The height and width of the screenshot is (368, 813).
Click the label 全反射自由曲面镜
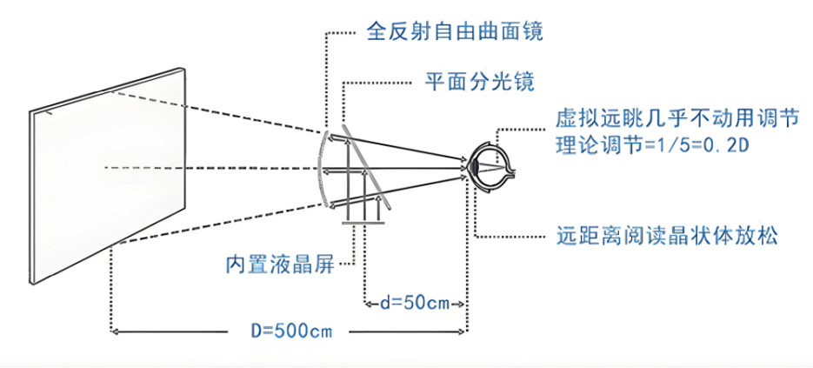[454, 32]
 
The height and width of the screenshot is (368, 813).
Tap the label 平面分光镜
[480, 82]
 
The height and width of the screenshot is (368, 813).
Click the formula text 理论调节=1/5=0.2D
[653, 146]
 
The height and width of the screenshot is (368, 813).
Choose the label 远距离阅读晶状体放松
[667, 236]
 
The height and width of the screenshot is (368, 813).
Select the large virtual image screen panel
[107, 176]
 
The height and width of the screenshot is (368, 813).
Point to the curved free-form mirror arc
[321, 169]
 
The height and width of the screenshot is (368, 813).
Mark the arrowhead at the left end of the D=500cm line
[117, 331]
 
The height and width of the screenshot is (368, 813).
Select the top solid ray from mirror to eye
[397, 147]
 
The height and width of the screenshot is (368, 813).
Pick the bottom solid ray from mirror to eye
[397, 190]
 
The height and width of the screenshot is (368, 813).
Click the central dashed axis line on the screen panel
[144, 167]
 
